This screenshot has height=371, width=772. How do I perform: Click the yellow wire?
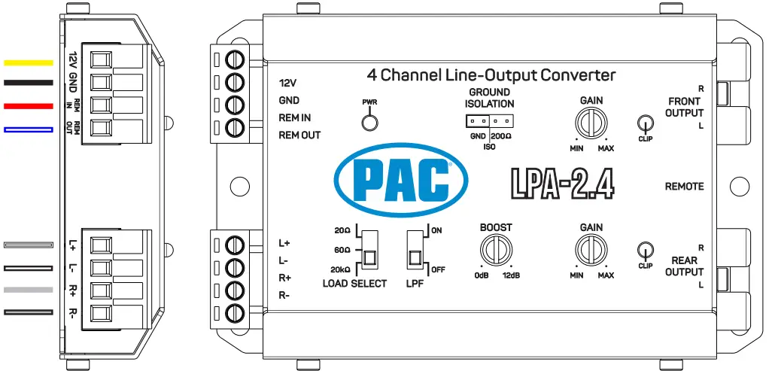29,62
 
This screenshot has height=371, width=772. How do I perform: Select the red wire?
29,106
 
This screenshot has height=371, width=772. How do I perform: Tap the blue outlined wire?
29,129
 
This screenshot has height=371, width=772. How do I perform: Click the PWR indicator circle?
369,123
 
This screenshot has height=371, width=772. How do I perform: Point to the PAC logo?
400,180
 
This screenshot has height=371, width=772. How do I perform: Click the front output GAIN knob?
590,121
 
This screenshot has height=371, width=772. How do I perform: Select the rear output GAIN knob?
590,248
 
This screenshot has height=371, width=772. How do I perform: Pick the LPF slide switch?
415,251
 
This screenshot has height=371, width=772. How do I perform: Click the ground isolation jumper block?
489,120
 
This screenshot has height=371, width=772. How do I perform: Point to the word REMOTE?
684,186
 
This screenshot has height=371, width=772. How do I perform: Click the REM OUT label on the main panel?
299,135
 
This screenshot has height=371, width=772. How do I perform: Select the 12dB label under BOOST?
512,275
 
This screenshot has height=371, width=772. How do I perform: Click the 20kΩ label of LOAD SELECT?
340,269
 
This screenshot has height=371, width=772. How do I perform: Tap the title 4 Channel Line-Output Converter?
491,75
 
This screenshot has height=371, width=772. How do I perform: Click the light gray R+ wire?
29,290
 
